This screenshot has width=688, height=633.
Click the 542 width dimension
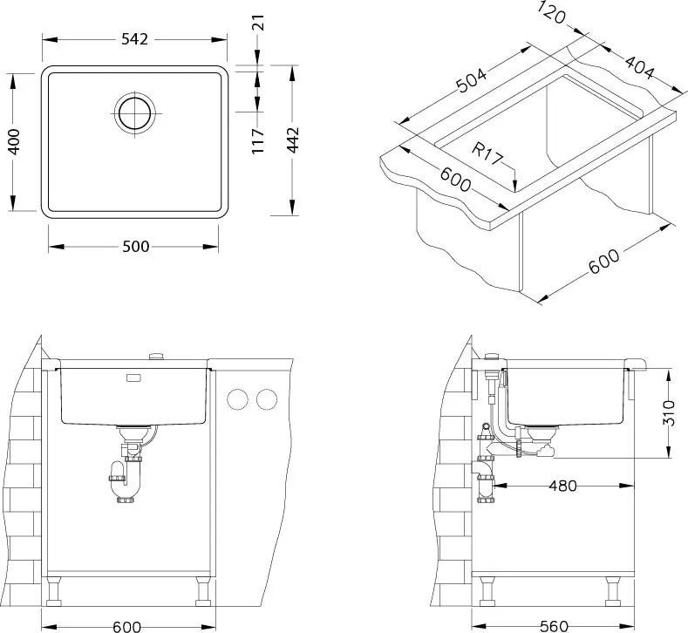coord(135,39)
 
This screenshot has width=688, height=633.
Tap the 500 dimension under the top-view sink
coord(135,247)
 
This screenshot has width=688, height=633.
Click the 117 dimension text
coord(258,140)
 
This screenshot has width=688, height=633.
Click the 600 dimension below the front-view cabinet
coord(127,625)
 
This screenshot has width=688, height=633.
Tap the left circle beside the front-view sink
coord(236,400)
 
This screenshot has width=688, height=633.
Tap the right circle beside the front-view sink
coord(265,400)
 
